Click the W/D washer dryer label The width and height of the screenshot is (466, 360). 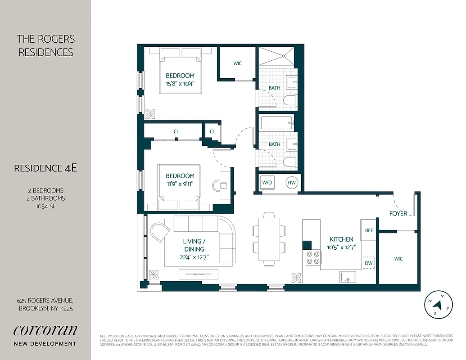(x=267, y=183)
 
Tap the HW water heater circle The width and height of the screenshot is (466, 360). (x=292, y=183)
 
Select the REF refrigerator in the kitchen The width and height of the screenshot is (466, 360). (x=369, y=230)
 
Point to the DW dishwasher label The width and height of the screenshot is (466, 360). (x=369, y=263)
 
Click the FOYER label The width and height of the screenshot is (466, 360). (x=398, y=214)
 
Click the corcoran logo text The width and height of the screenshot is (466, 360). (x=45, y=330)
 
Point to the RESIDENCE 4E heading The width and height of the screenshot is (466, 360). (x=45, y=168)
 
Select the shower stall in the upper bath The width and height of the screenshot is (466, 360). (x=276, y=57)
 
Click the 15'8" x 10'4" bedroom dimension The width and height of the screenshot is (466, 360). (x=180, y=83)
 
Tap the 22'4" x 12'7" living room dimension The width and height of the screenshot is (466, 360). (x=194, y=257)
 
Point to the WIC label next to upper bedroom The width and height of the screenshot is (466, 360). (x=237, y=63)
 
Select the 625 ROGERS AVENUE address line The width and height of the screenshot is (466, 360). (x=45, y=301)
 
